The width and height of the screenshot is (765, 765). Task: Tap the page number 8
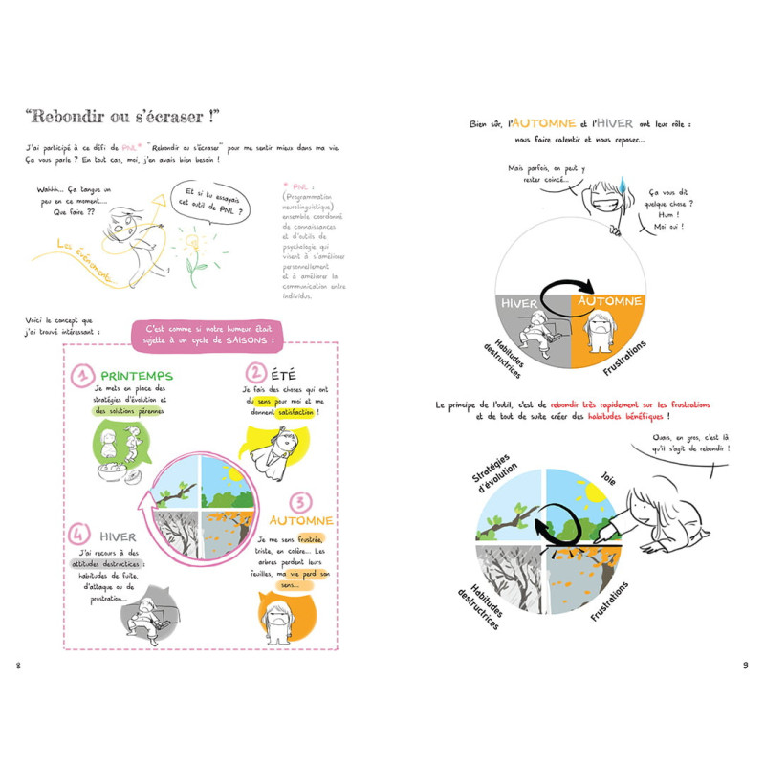(x=16, y=665)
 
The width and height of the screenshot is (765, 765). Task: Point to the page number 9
(x=746, y=665)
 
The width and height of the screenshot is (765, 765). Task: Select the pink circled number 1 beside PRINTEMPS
(x=80, y=377)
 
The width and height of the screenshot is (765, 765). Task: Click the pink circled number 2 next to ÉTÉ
(x=255, y=373)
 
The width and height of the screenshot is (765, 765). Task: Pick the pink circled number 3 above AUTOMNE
(x=299, y=502)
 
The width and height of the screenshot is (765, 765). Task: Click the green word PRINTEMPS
(x=136, y=377)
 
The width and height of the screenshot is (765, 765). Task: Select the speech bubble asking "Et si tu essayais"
(x=215, y=202)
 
